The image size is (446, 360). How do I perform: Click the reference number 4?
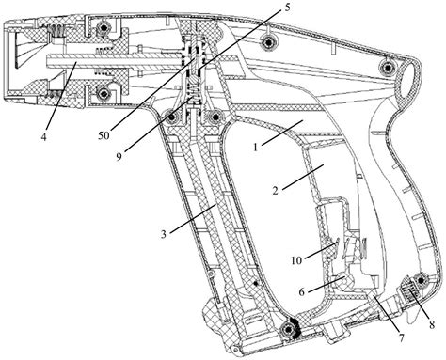pyautogui.click(x=43, y=136)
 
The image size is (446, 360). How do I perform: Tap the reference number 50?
pyautogui.click(x=104, y=135)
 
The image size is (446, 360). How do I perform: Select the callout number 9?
pyautogui.click(x=119, y=157)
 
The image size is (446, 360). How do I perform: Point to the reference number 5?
pyautogui.click(x=287, y=8)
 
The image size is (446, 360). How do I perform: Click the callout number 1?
pyautogui.click(x=256, y=147)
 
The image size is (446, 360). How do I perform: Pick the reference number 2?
pyautogui.click(x=275, y=190)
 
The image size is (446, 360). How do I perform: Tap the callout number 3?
pyautogui.click(x=164, y=234)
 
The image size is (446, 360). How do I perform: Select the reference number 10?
pyautogui.click(x=296, y=260)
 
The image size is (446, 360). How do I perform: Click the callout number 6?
pyautogui.click(x=302, y=292)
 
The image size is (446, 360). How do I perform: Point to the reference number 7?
pyautogui.click(x=402, y=338)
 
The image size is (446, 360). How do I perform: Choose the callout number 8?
pyautogui.click(x=432, y=325)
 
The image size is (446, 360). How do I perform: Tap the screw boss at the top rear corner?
pyautogui.click(x=389, y=68)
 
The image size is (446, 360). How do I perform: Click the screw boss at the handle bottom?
pyautogui.click(x=287, y=329)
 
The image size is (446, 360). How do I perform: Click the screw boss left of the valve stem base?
pyautogui.click(x=172, y=117)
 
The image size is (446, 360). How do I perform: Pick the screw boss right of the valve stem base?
pyautogui.click(x=215, y=117)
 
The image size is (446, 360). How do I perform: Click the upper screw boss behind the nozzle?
pyautogui.click(x=103, y=28)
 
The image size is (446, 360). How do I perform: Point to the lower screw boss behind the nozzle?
pyautogui.click(x=103, y=93)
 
